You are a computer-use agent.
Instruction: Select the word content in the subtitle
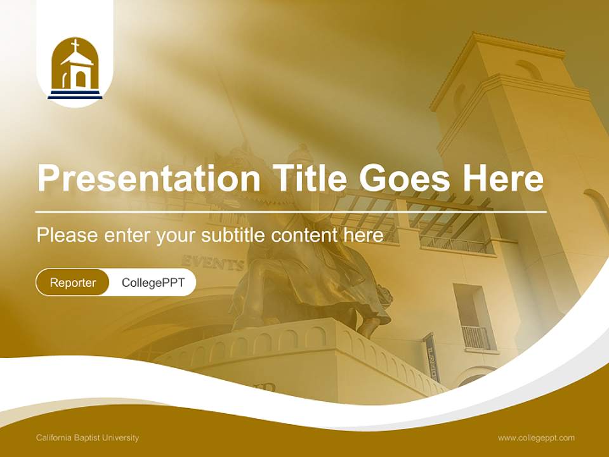coord(305,235)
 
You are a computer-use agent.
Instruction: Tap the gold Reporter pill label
coord(72,282)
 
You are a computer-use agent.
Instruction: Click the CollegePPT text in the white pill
coord(153,282)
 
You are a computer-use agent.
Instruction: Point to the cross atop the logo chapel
coord(75,46)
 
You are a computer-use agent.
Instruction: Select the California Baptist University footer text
coord(88,437)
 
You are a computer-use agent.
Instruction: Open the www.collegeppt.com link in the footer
coord(536,437)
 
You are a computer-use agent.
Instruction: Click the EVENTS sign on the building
coord(213,263)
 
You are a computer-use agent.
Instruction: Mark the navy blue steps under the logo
coord(75,95)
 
